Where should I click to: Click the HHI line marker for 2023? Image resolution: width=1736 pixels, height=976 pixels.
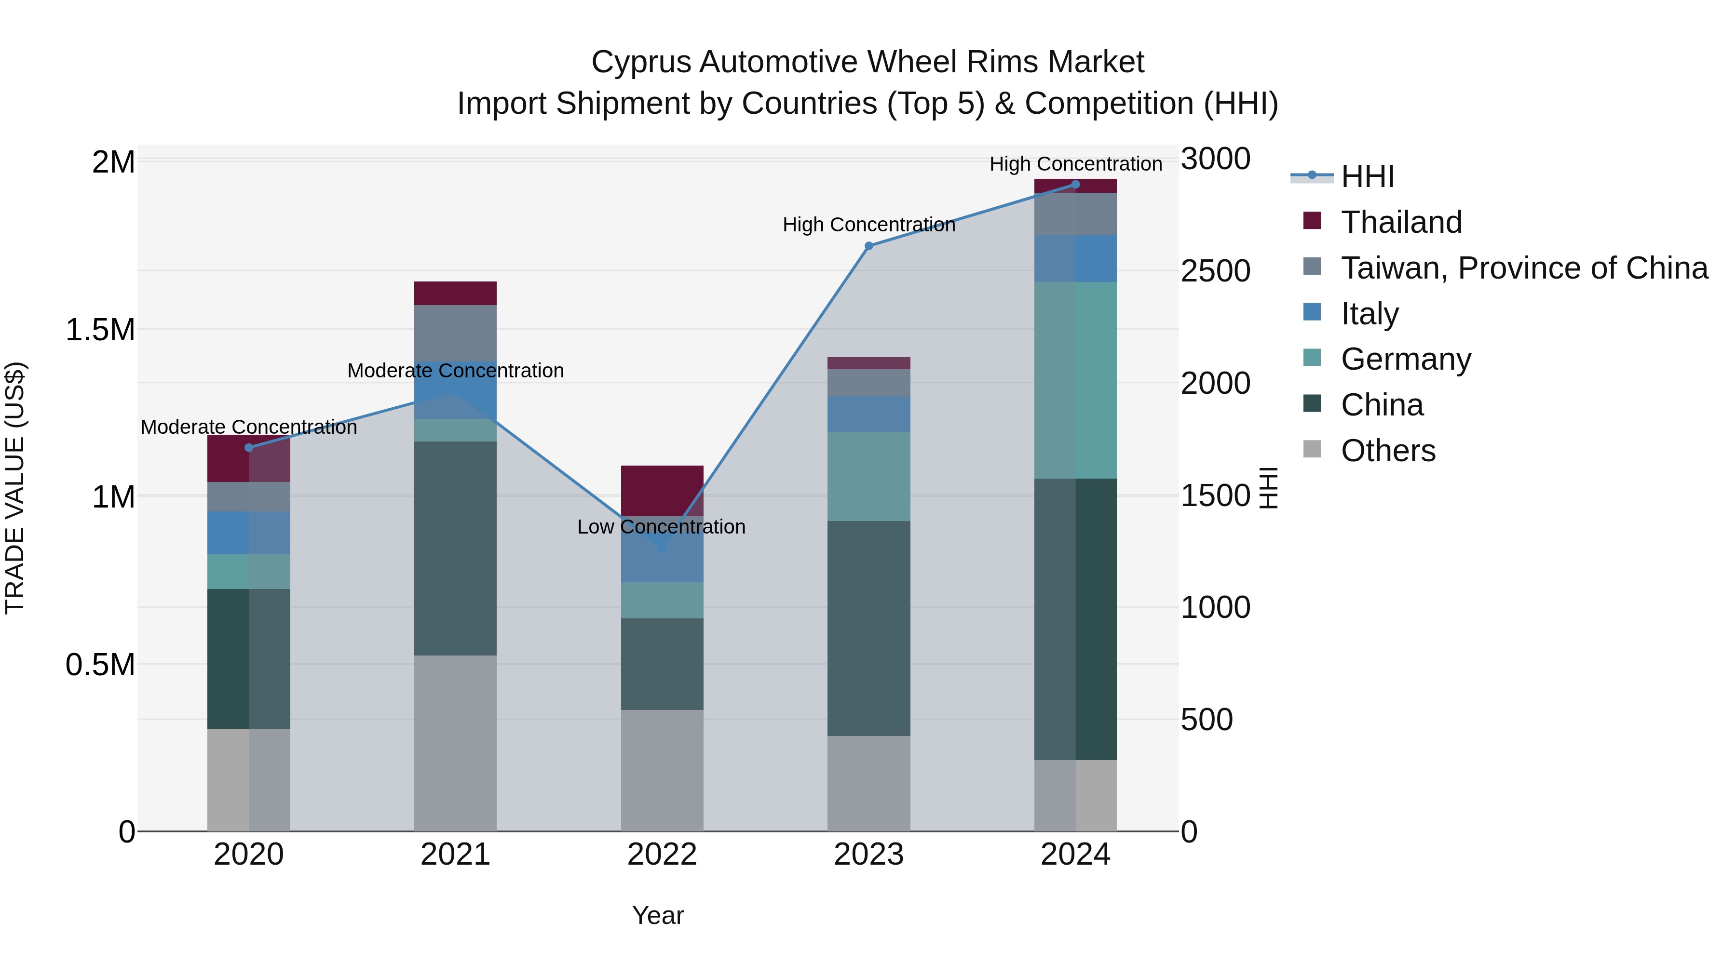(x=868, y=246)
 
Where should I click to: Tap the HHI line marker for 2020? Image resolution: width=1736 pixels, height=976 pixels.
(x=249, y=448)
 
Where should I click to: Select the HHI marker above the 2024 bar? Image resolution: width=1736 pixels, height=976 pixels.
(x=1075, y=185)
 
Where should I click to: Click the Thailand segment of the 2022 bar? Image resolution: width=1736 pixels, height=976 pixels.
(x=662, y=490)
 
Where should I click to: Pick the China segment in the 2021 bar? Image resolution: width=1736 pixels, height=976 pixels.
(x=455, y=548)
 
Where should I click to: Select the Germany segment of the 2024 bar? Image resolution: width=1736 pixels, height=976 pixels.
(x=1075, y=380)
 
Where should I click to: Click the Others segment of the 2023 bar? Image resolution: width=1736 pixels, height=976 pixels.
(x=868, y=783)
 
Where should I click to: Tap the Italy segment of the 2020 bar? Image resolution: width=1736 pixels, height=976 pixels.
(x=249, y=533)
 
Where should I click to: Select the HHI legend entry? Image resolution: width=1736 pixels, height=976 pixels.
(x=1367, y=176)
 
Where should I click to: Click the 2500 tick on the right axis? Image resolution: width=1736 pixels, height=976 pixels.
(x=1216, y=271)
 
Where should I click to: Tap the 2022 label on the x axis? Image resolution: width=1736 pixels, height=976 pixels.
(x=662, y=855)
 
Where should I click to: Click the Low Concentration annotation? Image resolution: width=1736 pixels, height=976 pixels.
(x=661, y=527)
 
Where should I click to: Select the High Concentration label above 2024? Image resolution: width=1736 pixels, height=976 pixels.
(x=1075, y=164)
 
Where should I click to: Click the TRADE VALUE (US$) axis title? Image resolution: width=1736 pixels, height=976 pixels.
(x=15, y=488)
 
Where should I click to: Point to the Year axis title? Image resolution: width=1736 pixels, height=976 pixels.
(x=658, y=915)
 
